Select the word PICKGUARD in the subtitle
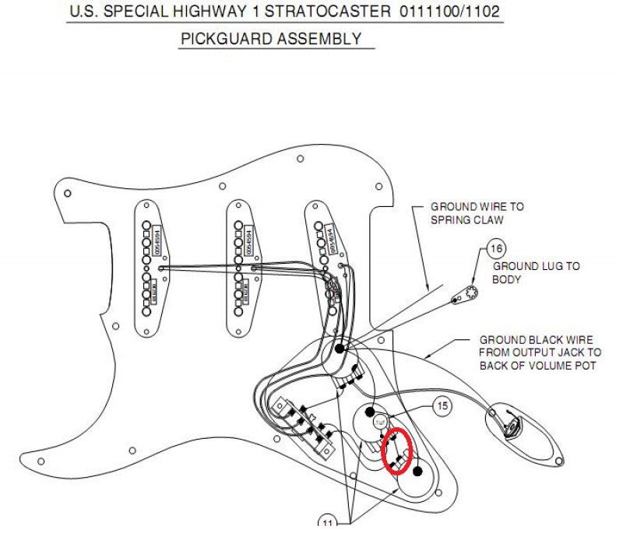tap(221, 38)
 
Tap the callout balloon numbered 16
tap(496, 249)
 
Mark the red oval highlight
tap(399, 451)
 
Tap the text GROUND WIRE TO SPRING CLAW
tap(477, 213)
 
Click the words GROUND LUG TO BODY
tap(537, 272)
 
